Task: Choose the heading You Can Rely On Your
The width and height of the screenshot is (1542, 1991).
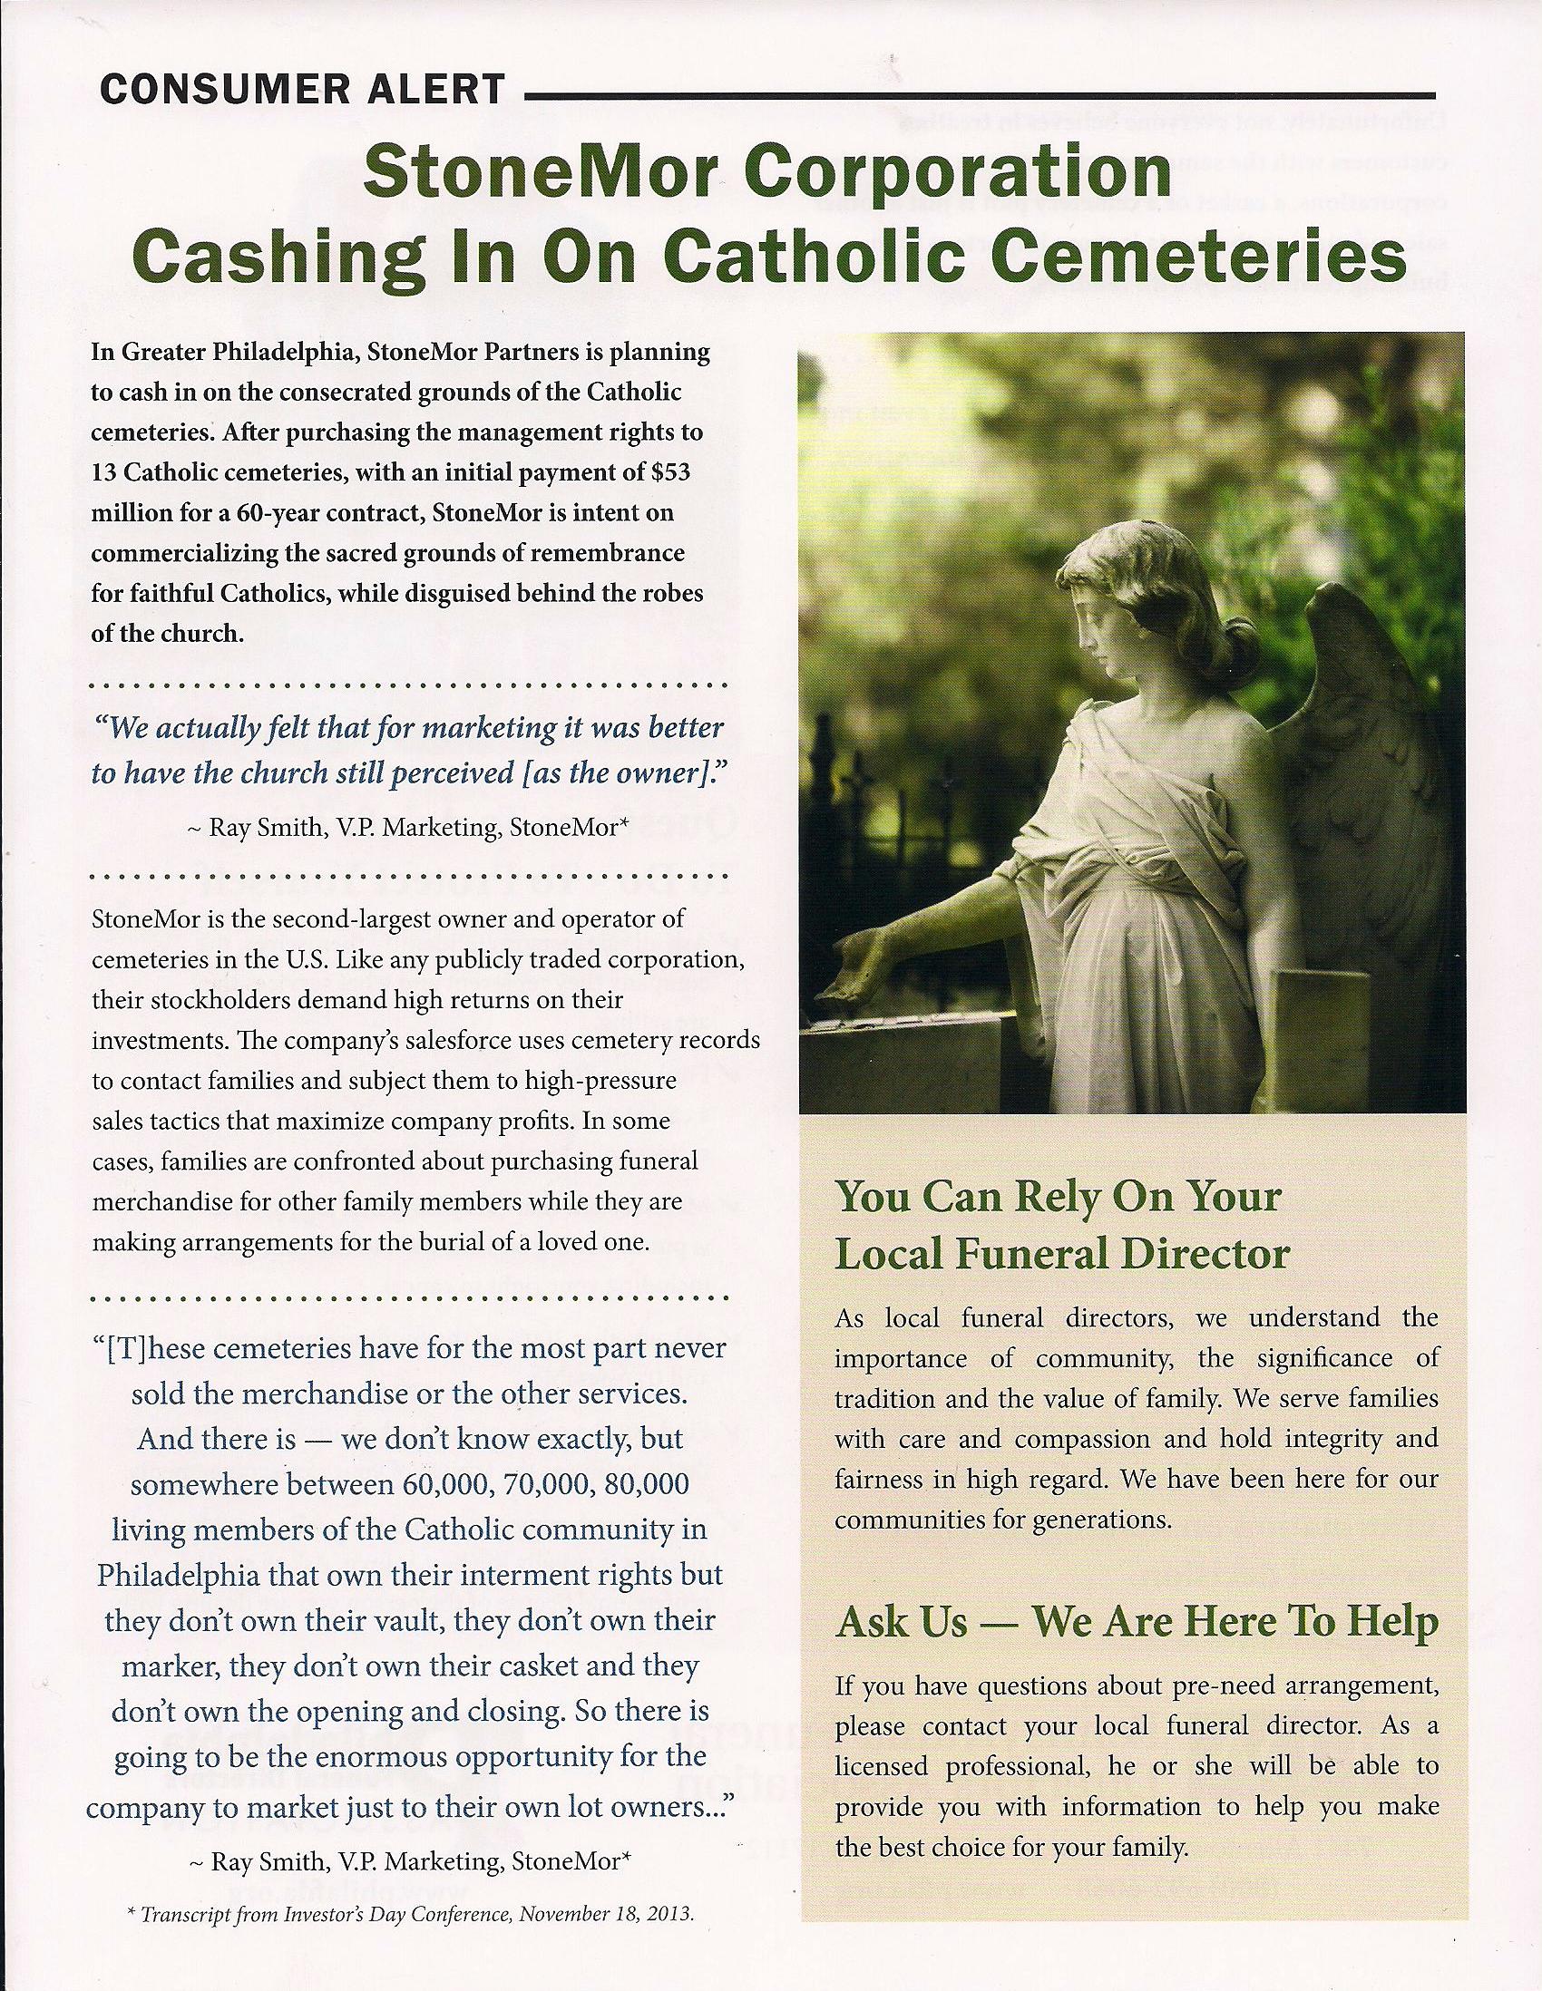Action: tap(1058, 1196)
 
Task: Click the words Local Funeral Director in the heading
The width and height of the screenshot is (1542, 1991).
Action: tap(1061, 1255)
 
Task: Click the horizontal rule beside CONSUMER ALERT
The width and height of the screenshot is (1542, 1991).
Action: tap(981, 94)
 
